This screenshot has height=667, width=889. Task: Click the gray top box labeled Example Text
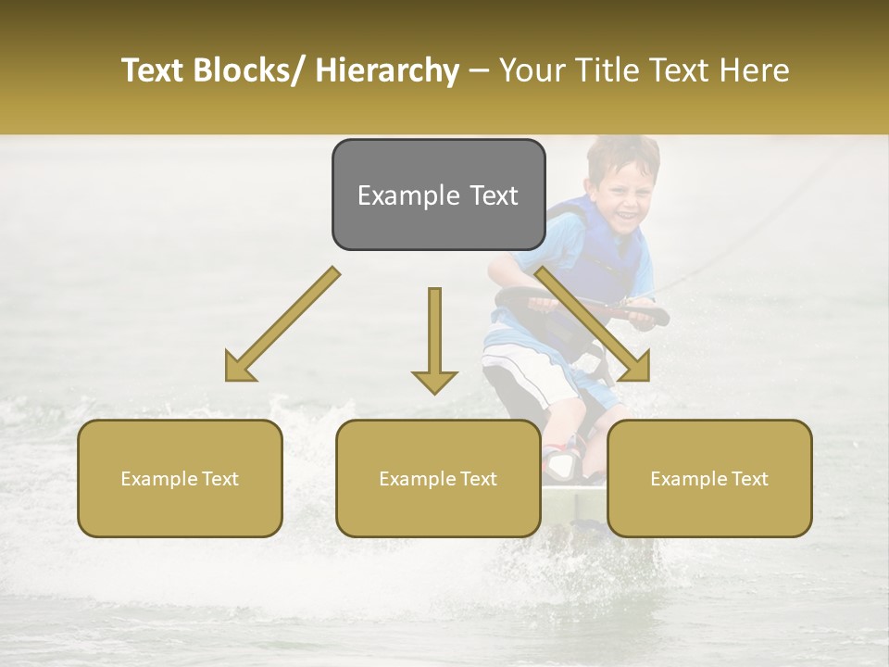(x=438, y=195)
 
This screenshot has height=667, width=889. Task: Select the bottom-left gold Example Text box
(x=180, y=478)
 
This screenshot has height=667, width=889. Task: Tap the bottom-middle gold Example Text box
(x=438, y=478)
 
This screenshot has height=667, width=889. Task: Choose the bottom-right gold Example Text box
(x=709, y=478)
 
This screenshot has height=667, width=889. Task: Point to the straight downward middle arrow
(x=434, y=339)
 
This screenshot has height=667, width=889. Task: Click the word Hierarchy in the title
(x=386, y=70)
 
